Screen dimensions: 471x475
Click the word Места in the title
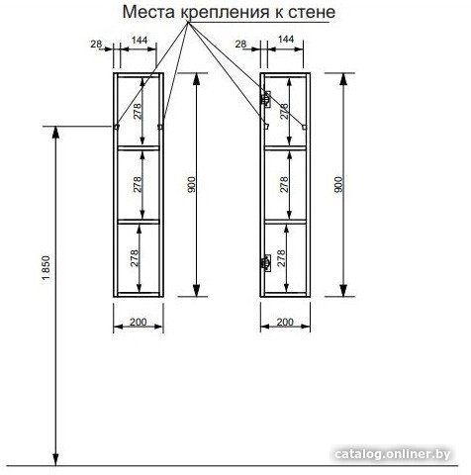(x=149, y=13)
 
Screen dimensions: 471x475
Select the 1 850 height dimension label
(x=46, y=268)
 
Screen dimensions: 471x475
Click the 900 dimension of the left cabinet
(x=192, y=185)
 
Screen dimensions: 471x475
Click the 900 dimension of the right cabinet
(x=338, y=185)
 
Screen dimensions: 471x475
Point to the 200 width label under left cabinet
(x=139, y=322)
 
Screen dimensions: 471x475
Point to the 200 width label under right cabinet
(x=285, y=322)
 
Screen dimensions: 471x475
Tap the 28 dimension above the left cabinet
(x=96, y=44)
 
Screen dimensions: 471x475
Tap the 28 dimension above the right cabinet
(x=241, y=44)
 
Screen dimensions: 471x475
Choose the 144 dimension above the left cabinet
(x=140, y=40)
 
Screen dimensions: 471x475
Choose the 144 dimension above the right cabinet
(x=286, y=39)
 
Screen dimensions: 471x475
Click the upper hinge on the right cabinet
(x=266, y=99)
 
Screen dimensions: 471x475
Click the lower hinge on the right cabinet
(x=266, y=263)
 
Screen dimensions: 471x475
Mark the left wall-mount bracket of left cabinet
(x=117, y=127)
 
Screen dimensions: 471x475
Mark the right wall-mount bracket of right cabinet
(x=305, y=127)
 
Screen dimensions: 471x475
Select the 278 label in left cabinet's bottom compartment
(x=135, y=258)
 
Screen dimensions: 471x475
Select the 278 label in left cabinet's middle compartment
(x=138, y=185)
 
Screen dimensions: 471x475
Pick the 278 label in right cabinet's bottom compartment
(x=281, y=258)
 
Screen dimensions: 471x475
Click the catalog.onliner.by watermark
(x=393, y=454)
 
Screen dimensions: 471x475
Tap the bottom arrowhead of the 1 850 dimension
(x=56, y=459)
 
